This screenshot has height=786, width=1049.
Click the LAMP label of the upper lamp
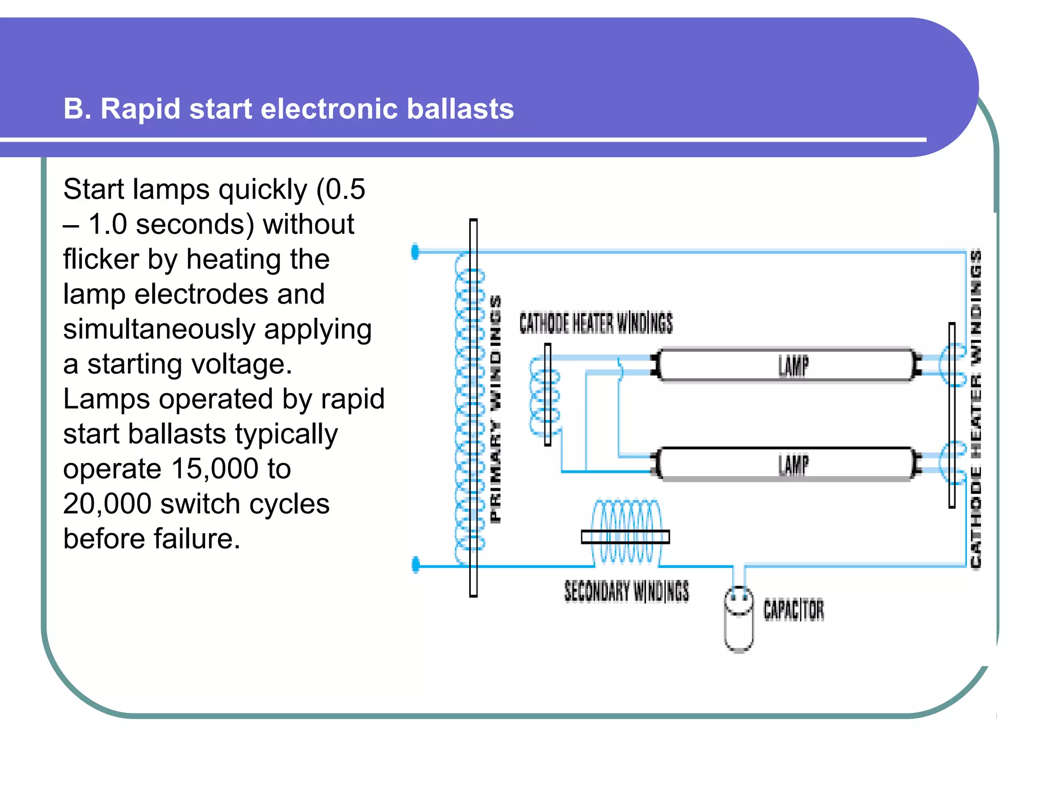[793, 366]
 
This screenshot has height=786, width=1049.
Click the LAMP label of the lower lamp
[793, 465]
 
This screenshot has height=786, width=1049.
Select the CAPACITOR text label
[793, 609]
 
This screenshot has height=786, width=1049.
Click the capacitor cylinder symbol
[738, 620]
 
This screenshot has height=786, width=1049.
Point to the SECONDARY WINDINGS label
[626, 591]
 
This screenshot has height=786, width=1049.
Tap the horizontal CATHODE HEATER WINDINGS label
[596, 323]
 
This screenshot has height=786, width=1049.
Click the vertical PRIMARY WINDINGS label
[495, 409]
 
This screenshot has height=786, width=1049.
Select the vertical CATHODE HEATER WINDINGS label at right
[976, 409]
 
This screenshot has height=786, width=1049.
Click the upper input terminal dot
[415, 251]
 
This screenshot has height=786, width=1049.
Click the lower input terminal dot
[416, 564]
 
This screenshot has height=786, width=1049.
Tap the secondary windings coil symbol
[625, 532]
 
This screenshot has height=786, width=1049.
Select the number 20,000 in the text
[107, 504]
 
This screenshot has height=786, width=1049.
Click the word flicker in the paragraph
[100, 259]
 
